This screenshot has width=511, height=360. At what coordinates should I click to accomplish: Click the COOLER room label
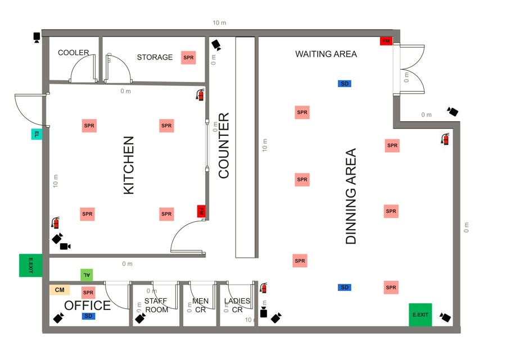coord(73,53)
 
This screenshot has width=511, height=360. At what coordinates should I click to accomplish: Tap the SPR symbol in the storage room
coord(188,57)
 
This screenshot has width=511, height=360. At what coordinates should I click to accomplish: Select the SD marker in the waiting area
coord(345,84)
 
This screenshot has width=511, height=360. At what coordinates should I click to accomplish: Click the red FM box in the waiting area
coord(386,41)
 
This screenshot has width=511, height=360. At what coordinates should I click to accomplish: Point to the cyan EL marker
coord(36,134)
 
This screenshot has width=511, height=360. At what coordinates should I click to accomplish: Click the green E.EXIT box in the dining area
coord(420,315)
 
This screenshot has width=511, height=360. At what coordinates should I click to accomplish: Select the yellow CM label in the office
coord(60,290)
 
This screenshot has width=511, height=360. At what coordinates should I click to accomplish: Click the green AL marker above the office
coord(86,275)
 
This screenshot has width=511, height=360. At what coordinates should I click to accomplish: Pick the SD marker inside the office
coord(88,316)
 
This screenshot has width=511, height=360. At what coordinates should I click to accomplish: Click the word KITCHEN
coord(129,165)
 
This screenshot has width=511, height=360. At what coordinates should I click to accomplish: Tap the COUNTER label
coord(224,146)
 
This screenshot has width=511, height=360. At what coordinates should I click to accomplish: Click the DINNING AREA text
coord(351,196)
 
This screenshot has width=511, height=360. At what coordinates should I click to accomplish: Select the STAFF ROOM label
coord(156,305)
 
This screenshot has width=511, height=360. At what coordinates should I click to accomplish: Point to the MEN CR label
coord(200,305)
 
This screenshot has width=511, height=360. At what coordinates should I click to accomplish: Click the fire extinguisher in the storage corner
coord(200,94)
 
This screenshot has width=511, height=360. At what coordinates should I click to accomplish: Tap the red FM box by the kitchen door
coord(201,211)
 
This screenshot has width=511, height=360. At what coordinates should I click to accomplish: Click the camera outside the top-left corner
coord(37,38)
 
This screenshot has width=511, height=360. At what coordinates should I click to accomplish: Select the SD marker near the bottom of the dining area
coord(345,288)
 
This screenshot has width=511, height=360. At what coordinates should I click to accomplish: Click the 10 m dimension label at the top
coord(219,23)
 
